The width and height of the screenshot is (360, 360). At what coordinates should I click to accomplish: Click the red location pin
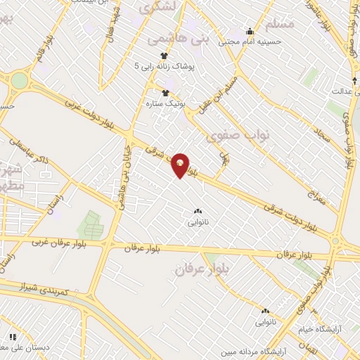coord(181,165)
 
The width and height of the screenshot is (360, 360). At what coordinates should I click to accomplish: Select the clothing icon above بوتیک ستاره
coord(166,92)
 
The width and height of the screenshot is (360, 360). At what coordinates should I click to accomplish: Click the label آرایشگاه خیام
coord(319,329)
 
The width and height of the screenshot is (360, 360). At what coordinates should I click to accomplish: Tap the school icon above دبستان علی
coord(12,336)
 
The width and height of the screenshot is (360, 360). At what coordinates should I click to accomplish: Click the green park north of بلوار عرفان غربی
coord(90,224)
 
